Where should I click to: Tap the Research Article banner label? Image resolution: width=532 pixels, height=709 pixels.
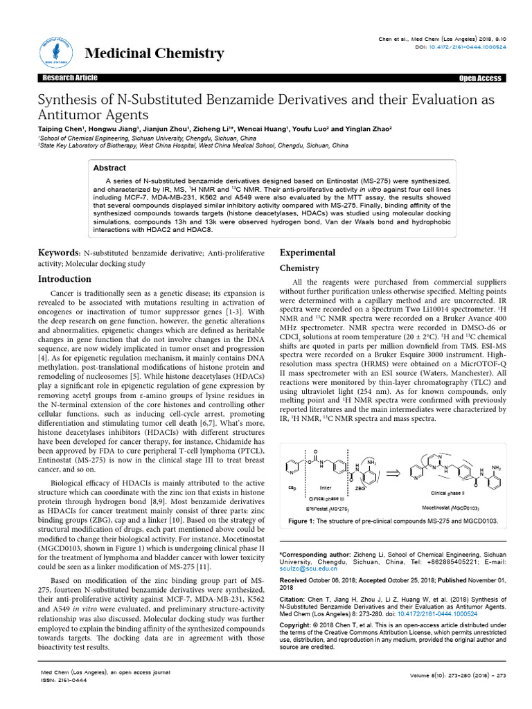(69, 78)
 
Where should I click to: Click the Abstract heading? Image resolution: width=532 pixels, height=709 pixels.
(109, 168)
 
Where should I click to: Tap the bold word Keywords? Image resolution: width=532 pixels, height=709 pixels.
(59, 254)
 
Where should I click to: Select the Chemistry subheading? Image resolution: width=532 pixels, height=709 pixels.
(299, 268)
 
